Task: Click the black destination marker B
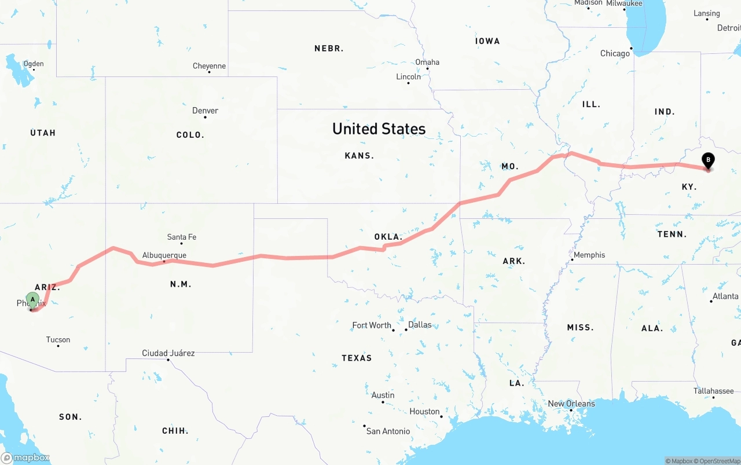tap(707, 160)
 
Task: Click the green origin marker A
tap(33, 300)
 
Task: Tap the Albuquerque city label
tap(164, 255)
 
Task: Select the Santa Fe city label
tap(182, 237)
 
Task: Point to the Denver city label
tap(206, 111)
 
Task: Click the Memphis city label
tap(589, 255)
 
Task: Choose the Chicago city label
tap(615, 53)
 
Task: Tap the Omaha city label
tap(427, 63)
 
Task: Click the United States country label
tap(379, 129)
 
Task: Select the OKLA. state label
tap(388, 237)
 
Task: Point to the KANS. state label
tap(359, 156)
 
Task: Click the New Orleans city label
tap(571, 404)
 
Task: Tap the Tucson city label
tap(58, 340)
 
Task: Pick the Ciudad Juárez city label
tap(168, 353)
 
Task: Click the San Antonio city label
tap(388, 431)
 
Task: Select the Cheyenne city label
tap(209, 66)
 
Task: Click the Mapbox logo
tap(25, 457)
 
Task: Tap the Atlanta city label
tap(725, 296)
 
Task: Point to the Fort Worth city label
tap(372, 325)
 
